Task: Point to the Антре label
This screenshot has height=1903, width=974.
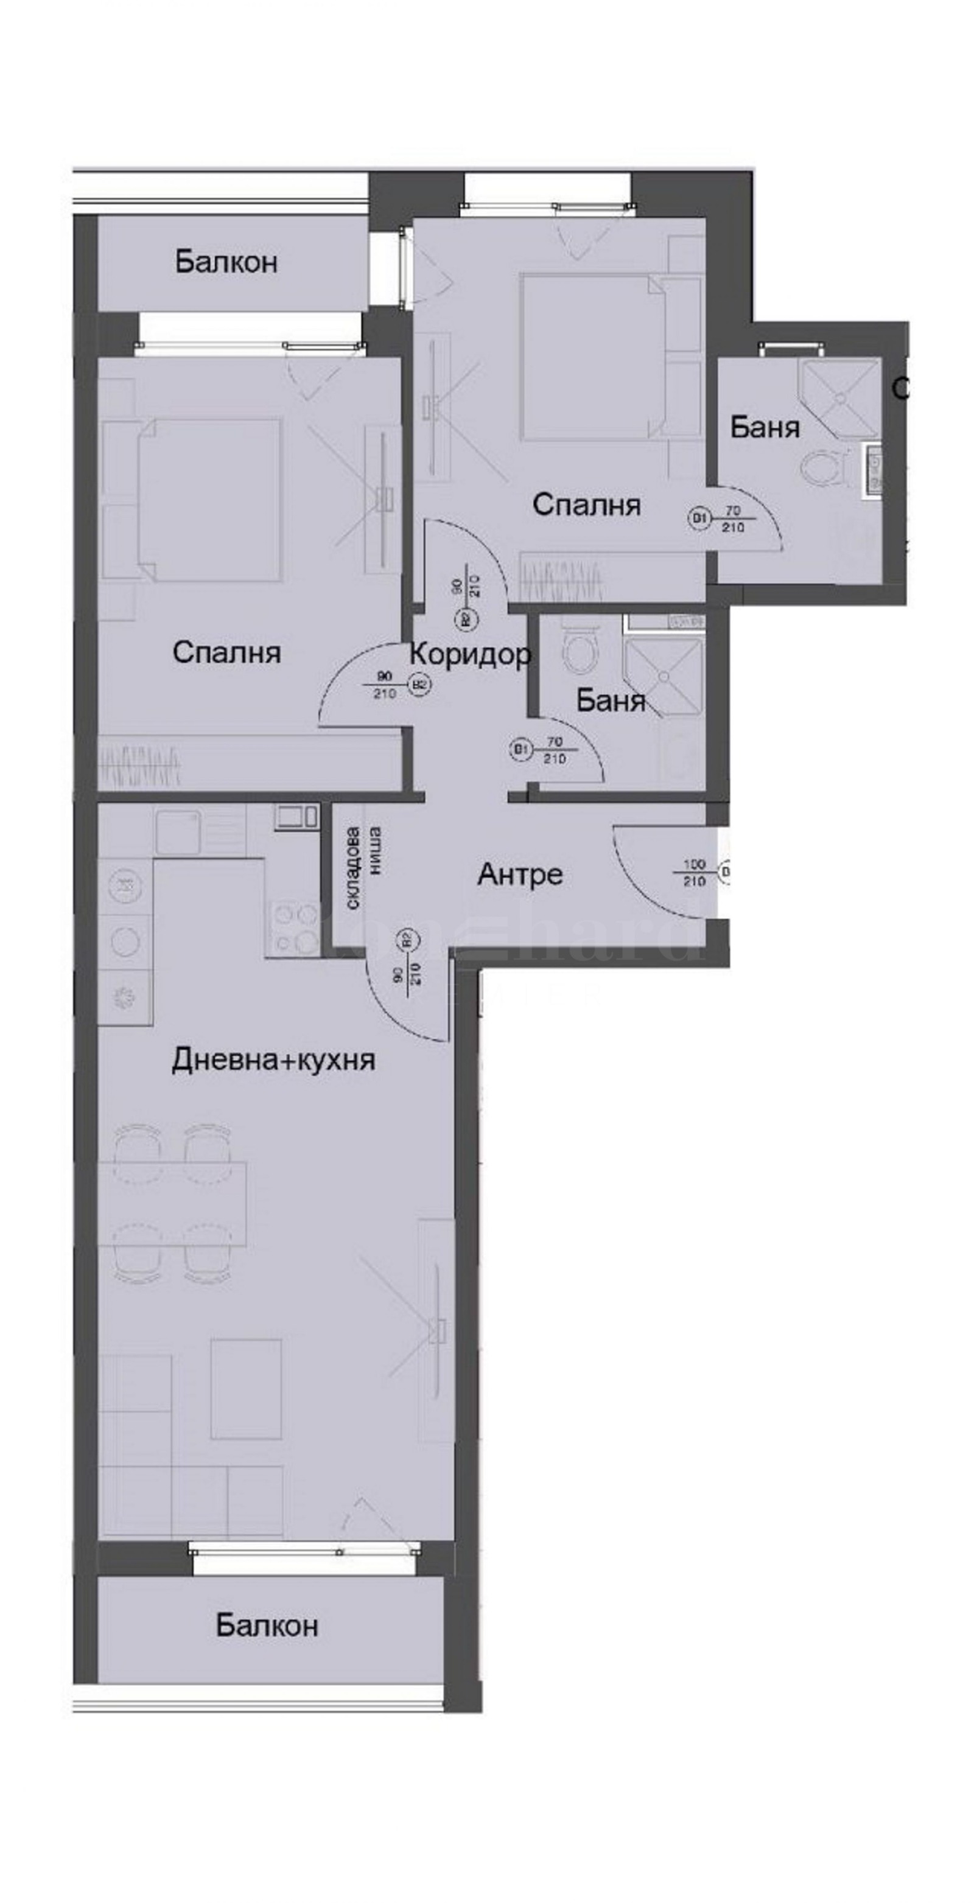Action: coord(519,874)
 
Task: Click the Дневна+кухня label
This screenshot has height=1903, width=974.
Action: coord(273,1060)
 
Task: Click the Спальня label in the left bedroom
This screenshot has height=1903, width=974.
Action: coord(226,652)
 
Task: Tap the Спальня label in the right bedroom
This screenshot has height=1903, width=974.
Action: coord(586,505)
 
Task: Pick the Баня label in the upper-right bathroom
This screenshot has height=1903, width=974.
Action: coord(764,427)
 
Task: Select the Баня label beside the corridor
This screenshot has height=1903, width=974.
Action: coord(611,700)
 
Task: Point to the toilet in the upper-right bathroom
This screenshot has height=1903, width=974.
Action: coord(825,470)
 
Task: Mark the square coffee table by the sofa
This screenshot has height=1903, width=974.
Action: coord(246,1389)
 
